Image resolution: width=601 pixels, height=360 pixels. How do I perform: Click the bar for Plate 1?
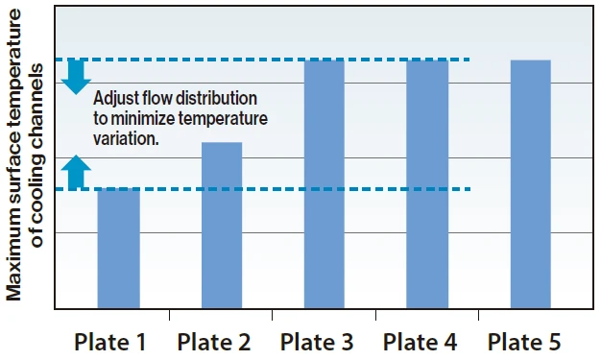pyautogui.click(x=118, y=249)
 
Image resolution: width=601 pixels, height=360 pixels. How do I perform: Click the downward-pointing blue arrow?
pyautogui.click(x=77, y=78)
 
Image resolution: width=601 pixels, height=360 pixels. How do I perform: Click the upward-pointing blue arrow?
pyautogui.click(x=77, y=172)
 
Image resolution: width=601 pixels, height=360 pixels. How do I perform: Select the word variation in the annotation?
pyautogui.click(x=125, y=138)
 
